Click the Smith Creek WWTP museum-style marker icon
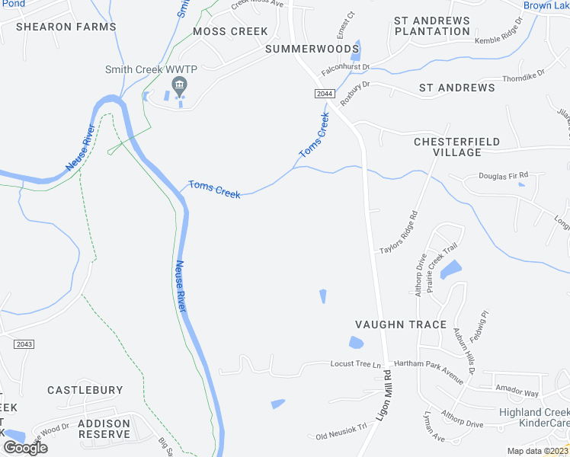pyautogui.click(x=180, y=85)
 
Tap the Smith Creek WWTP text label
pyautogui.click(x=151, y=70)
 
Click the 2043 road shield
pyautogui.click(x=24, y=344)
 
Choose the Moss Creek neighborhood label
pyautogui.click(x=231, y=31)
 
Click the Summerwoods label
pyautogui.click(x=312, y=49)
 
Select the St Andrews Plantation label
pyautogui.click(x=432, y=25)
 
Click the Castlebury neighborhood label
pyautogui.click(x=85, y=390)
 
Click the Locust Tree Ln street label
pyautogui.click(x=355, y=364)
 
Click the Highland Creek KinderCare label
pyautogui.click(x=533, y=417)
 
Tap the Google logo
pyautogui.click(x=25, y=447)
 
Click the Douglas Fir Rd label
pyautogui.click(x=503, y=176)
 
